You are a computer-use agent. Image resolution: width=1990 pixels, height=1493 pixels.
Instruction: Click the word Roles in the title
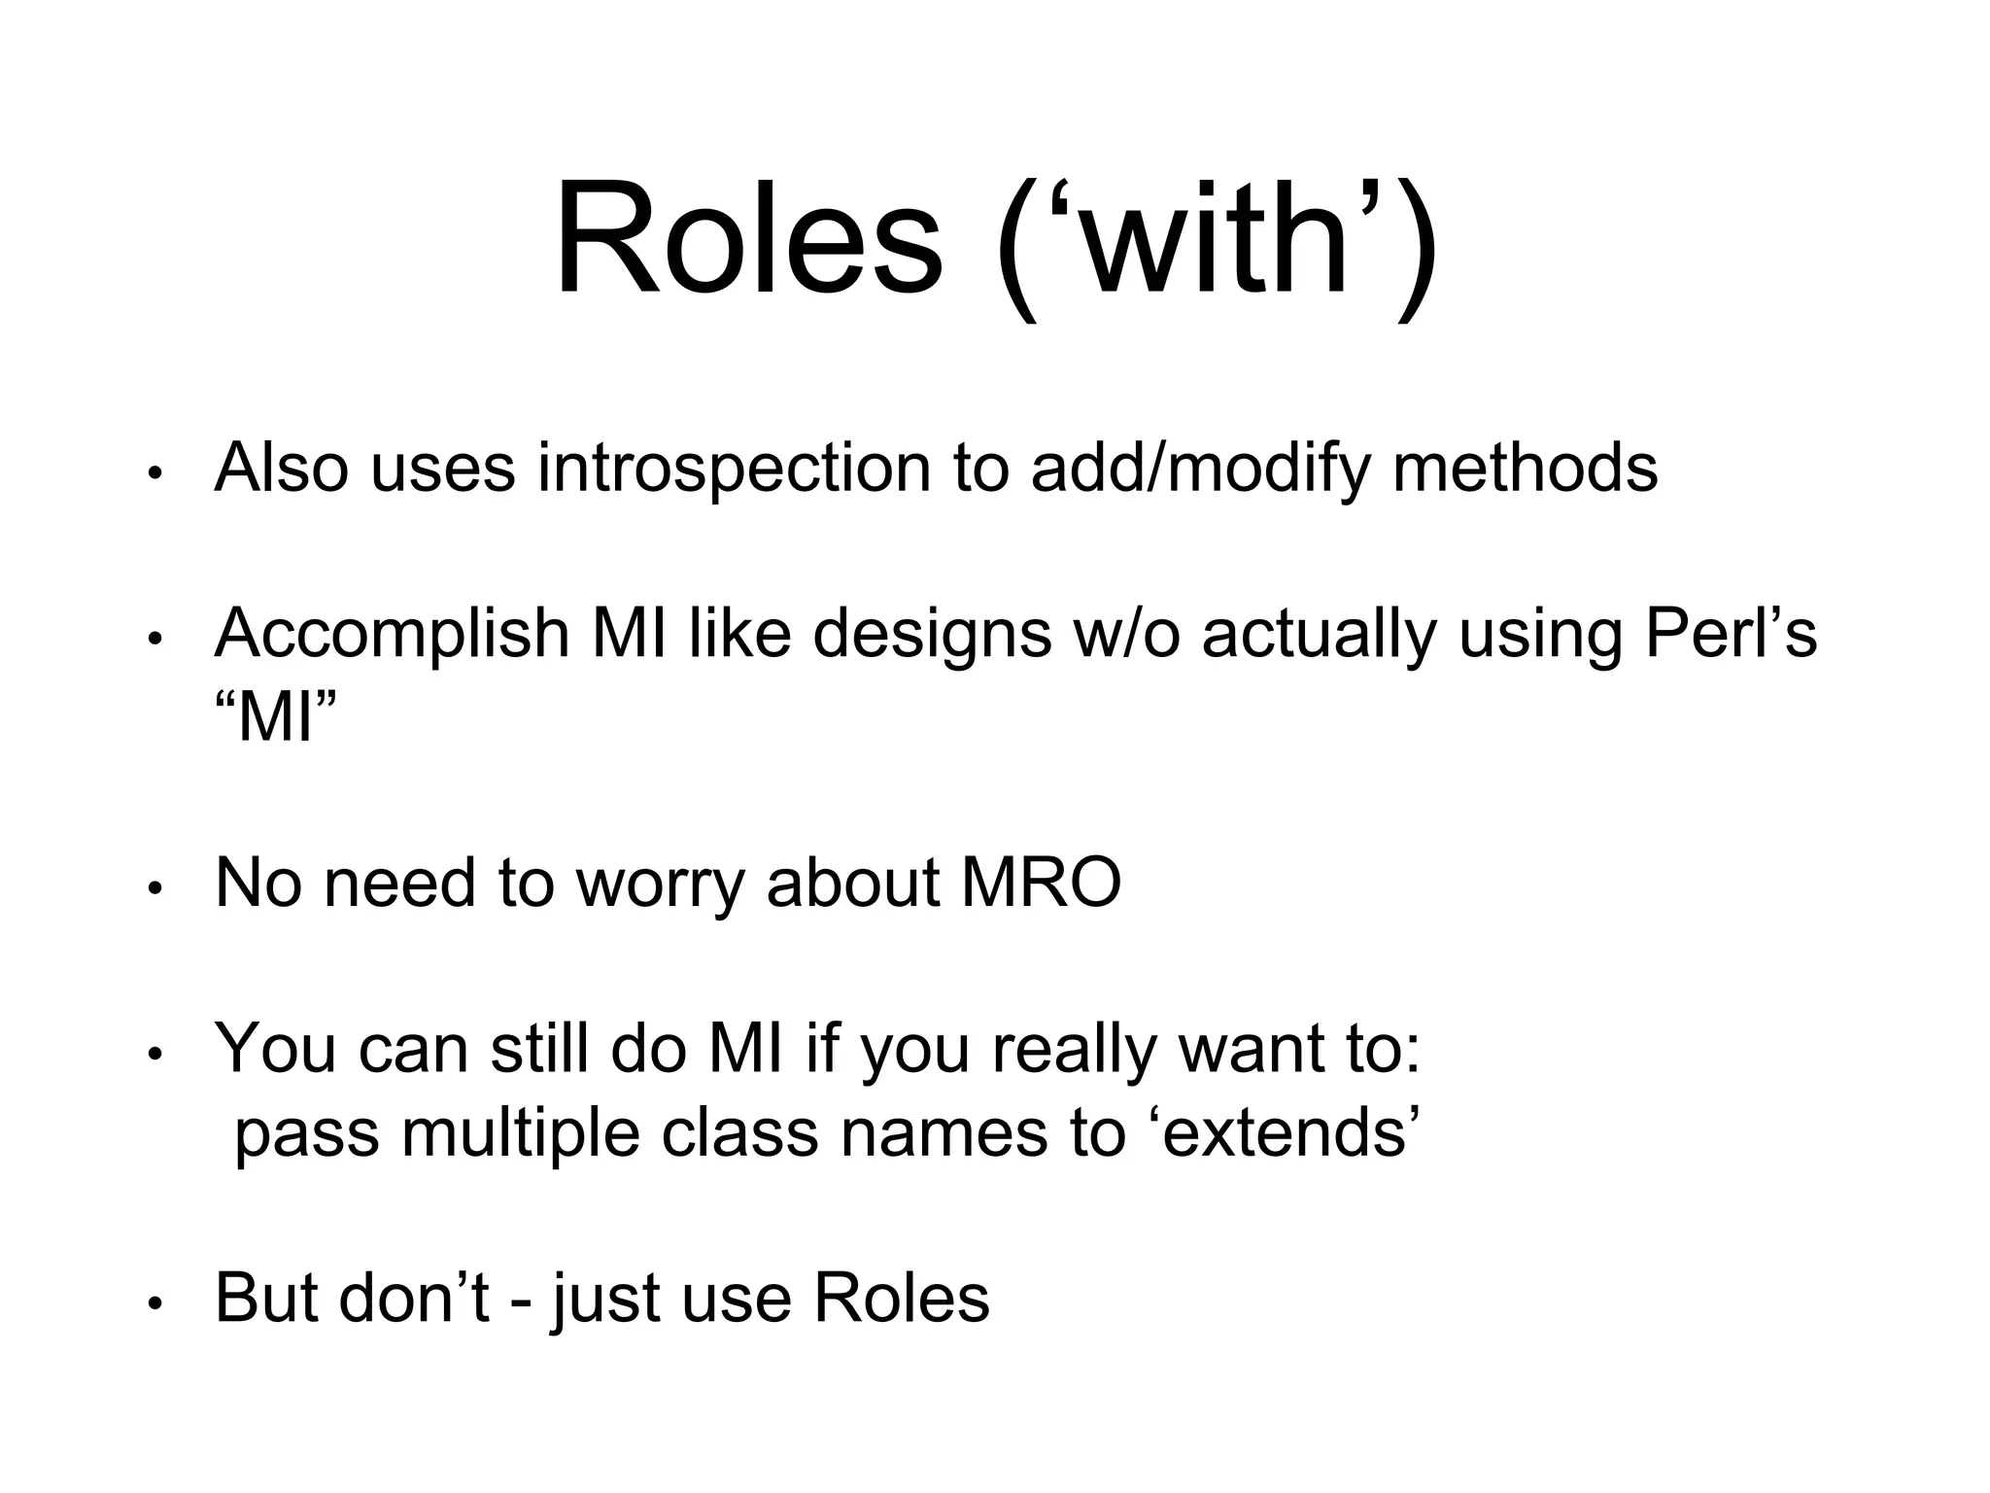(748, 239)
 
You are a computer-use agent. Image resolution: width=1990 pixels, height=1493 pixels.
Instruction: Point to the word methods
(1525, 469)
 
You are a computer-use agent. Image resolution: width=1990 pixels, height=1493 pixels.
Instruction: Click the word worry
(660, 884)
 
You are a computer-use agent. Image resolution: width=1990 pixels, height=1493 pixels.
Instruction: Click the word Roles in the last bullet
(901, 1299)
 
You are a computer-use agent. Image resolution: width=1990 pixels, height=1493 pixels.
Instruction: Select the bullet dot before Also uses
(154, 475)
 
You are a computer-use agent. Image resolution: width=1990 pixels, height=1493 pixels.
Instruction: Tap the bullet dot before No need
(154, 889)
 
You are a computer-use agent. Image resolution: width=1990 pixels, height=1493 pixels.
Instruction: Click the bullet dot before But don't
(154, 1304)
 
